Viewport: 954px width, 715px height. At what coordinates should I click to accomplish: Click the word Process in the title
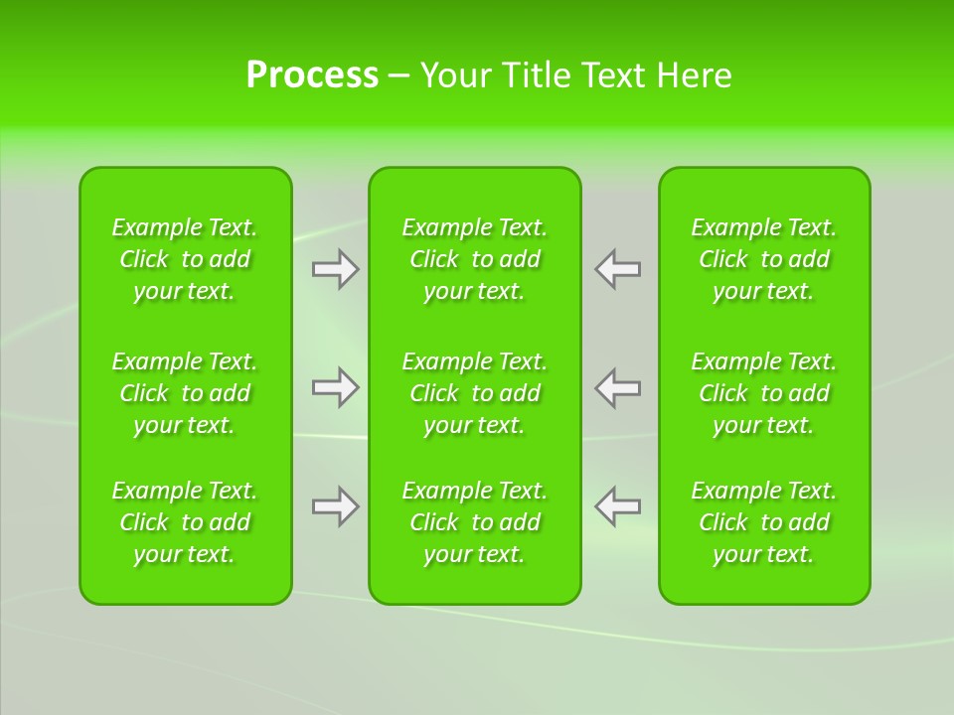312,75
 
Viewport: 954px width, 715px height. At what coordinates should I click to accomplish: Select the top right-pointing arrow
335,269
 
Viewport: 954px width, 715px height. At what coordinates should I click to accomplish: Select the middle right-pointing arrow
335,386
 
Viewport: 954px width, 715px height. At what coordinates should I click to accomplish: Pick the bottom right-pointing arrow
335,506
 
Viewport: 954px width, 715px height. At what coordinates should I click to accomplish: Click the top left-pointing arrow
618,269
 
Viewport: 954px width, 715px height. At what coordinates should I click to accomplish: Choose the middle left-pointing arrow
618,386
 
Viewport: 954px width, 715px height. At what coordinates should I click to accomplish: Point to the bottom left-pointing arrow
618,506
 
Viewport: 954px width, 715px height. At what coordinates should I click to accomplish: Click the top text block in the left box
185,259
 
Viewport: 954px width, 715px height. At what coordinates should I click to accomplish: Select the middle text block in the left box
185,393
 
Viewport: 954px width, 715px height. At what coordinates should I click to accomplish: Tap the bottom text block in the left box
185,522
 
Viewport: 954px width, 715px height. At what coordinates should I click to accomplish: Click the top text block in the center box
475,259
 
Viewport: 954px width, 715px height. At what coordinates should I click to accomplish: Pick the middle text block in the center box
475,393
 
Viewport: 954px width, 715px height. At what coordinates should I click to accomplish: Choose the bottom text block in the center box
475,522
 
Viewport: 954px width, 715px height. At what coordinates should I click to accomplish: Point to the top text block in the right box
764,259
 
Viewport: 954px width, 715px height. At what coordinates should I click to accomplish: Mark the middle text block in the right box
764,393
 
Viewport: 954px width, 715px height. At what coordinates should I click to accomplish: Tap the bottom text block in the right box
764,522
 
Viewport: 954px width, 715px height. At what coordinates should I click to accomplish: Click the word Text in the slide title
613,75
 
